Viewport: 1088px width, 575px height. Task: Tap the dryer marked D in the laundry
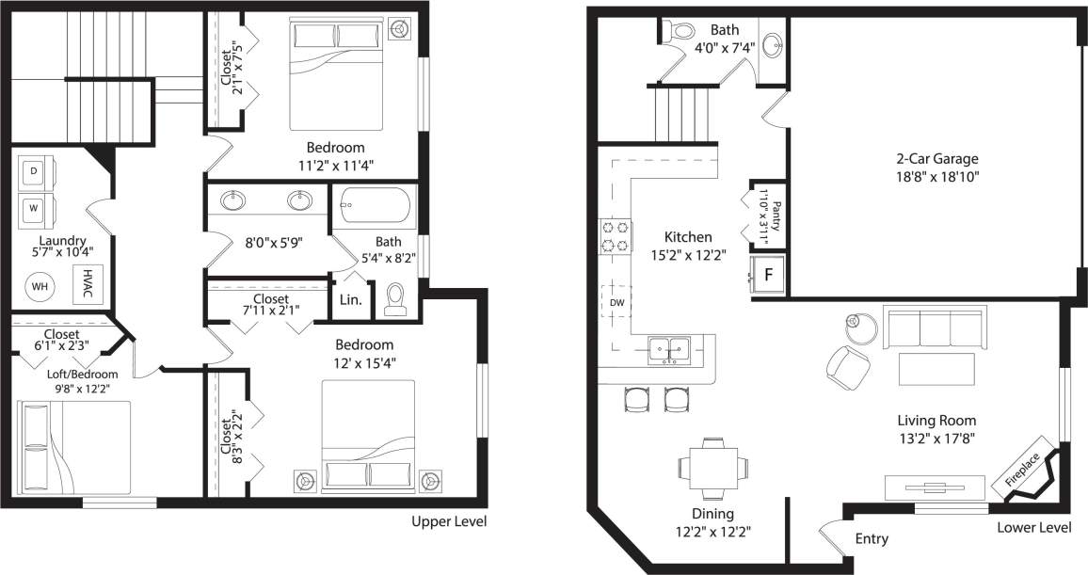[x=35, y=172]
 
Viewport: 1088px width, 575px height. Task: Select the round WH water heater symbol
[x=40, y=285]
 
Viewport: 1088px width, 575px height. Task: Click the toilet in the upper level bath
[x=395, y=299]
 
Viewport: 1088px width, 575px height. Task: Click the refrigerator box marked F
[x=768, y=275]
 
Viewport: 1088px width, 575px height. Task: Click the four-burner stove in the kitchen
[x=615, y=235]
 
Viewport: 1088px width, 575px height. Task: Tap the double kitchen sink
[x=673, y=350]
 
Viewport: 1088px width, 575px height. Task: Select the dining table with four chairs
[x=712, y=468]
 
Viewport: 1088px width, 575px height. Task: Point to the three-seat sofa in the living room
[x=933, y=327]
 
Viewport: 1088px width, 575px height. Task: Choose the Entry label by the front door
[x=871, y=539]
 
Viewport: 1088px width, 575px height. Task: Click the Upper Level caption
[x=449, y=521]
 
